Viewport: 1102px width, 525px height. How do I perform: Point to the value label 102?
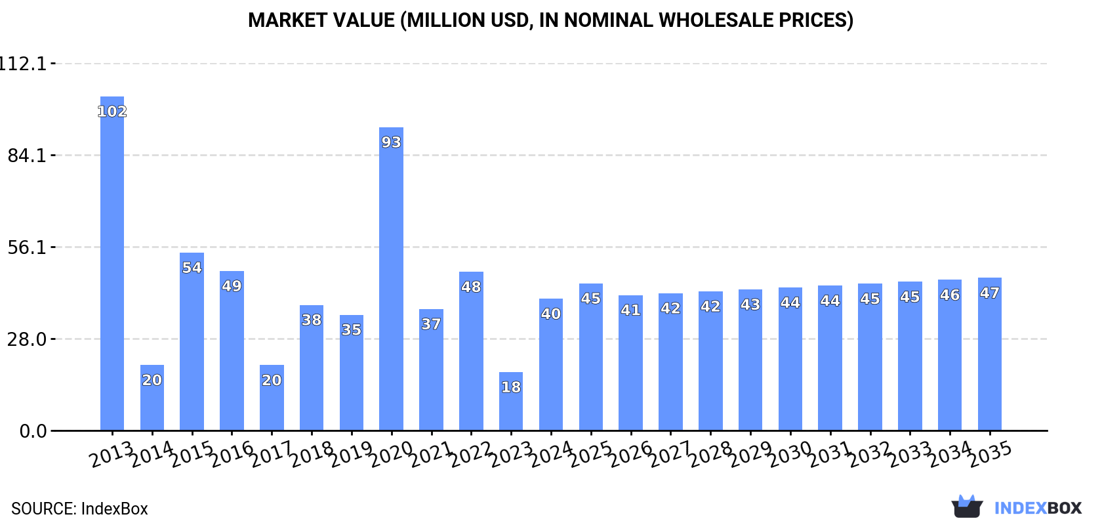[x=112, y=112]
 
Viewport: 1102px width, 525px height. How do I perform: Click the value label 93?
[x=391, y=142]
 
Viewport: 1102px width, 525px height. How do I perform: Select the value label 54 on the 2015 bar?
[x=192, y=268]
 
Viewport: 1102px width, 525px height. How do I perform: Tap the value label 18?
[x=511, y=387]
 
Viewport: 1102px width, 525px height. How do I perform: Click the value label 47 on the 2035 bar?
[x=989, y=293]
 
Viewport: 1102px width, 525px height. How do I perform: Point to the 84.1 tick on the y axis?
[x=27, y=156]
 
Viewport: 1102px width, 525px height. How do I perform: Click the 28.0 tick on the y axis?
[x=27, y=340]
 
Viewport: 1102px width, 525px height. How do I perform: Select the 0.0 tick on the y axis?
[x=33, y=432]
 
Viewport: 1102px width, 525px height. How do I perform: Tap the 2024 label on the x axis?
[x=551, y=454]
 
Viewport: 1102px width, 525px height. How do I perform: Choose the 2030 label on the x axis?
[x=790, y=454]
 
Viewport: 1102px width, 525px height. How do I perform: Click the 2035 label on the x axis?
[x=990, y=454]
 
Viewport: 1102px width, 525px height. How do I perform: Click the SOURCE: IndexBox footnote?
[x=79, y=509]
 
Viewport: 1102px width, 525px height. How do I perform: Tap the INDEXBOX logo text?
[x=1038, y=508]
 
